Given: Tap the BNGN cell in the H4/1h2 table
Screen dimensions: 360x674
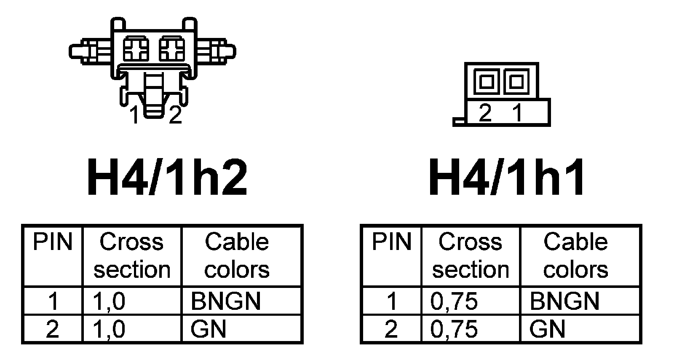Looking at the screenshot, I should click(226, 301).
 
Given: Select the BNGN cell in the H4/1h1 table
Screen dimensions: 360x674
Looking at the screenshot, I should click(564, 301).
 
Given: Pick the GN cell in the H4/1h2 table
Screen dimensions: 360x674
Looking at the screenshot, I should click(208, 329).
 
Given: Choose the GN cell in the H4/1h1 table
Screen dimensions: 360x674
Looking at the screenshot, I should click(547, 329).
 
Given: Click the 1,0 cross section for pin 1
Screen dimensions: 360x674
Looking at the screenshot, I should click(109, 301).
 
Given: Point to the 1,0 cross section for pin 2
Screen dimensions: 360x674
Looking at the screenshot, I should click(109, 329).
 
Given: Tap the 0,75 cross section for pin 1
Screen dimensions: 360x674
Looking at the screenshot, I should click(454, 301).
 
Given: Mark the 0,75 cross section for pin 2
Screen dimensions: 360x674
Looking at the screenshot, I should click(454, 329).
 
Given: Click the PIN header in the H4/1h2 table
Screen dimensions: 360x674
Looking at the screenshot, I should click(53, 242).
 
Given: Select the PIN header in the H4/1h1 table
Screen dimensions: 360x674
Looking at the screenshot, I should click(391, 242).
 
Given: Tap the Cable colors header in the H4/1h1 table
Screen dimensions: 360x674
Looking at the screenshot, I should click(575, 255).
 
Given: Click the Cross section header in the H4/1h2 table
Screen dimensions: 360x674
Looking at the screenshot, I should click(132, 255).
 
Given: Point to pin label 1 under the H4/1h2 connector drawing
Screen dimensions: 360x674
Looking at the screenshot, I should click(134, 115).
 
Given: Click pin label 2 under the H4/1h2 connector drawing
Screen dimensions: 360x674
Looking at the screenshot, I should click(175, 115).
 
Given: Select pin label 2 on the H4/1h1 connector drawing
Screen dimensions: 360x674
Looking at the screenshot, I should click(485, 113).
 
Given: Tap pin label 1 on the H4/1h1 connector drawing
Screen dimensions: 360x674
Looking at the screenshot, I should click(517, 113).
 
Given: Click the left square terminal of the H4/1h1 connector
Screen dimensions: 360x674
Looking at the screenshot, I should click(487, 81).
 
